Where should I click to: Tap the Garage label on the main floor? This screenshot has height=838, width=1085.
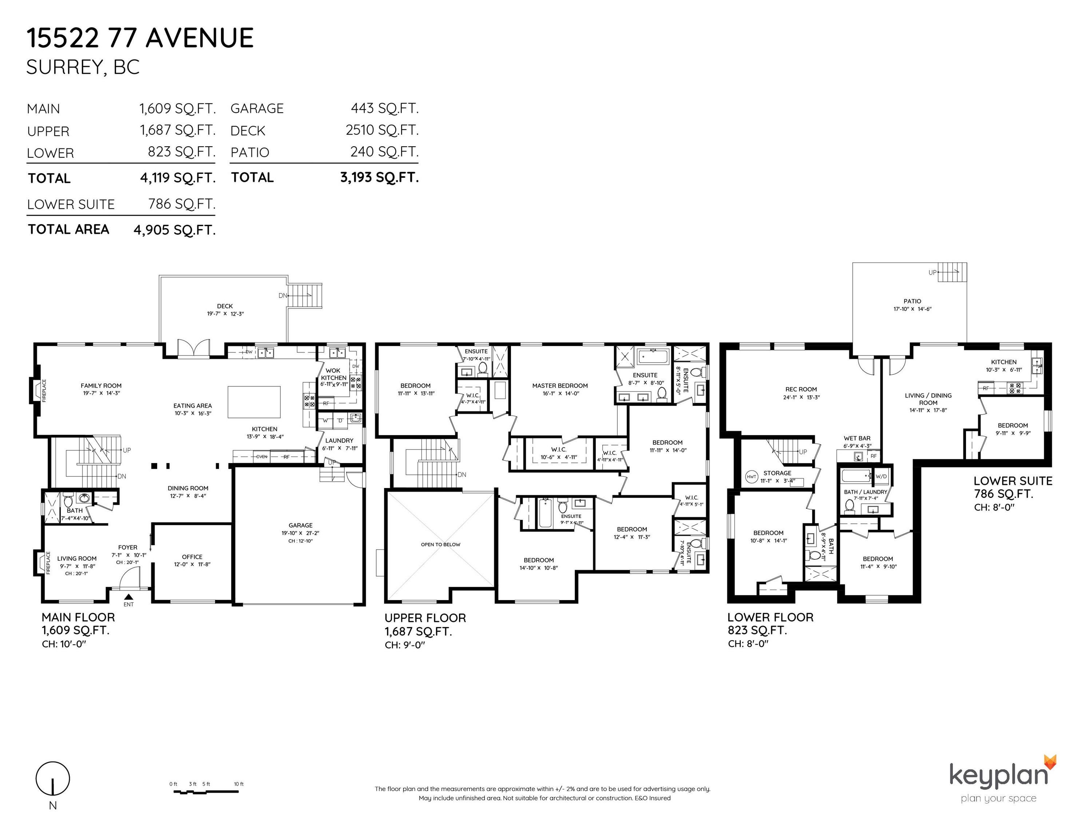[301, 525]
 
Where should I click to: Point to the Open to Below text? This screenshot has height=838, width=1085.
[441, 544]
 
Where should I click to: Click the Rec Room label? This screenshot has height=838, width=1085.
[801, 390]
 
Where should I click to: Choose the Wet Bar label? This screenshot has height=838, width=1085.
[857, 438]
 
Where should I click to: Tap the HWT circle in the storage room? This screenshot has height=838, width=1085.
[752, 476]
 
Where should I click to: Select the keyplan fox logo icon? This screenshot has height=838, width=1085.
[1049, 762]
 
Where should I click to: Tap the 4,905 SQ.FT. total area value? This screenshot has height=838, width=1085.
[174, 230]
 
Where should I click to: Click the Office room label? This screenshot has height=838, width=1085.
[192, 557]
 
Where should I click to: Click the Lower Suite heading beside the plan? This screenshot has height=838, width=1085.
[1013, 480]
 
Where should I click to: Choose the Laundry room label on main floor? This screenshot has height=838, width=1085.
[339, 441]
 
